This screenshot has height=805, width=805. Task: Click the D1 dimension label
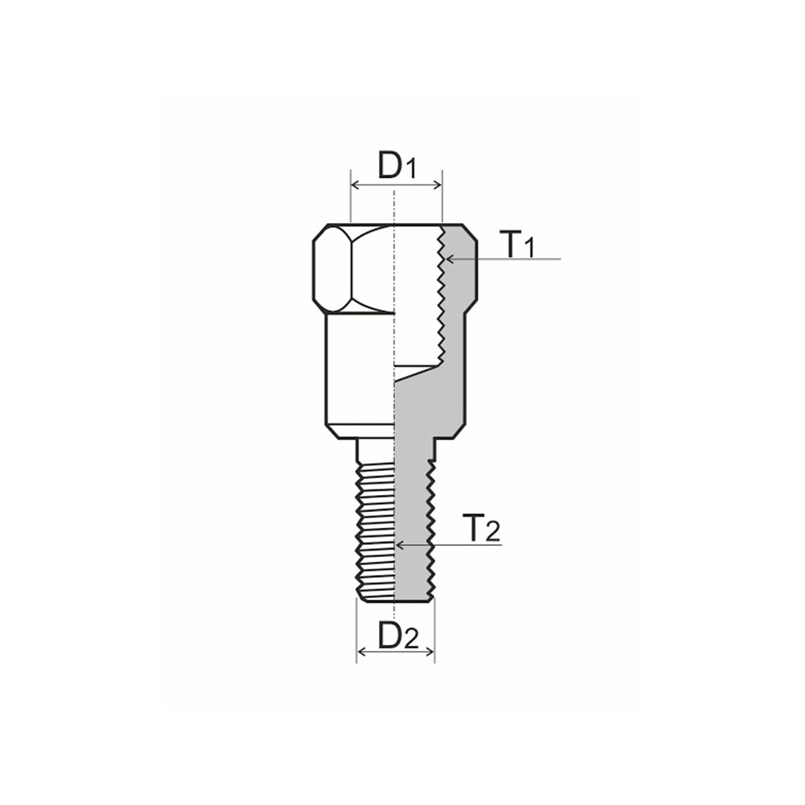click(x=396, y=166)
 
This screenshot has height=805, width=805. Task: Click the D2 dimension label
click(x=398, y=635)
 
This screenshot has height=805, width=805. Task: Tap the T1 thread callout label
click(x=516, y=244)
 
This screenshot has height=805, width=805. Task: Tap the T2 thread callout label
click(x=481, y=529)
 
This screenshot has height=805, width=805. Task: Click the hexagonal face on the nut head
click(x=332, y=269)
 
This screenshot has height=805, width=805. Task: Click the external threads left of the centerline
click(x=375, y=531)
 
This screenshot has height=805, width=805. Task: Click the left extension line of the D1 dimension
click(x=351, y=201)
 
